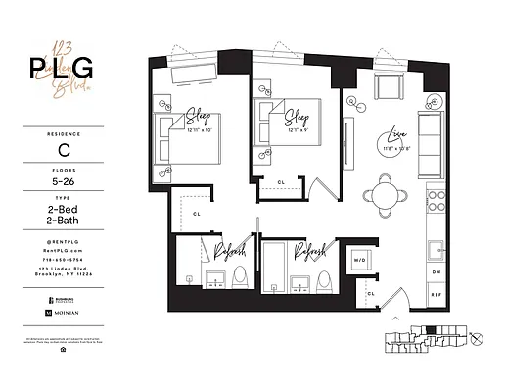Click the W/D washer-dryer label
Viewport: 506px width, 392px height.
pyautogui.click(x=359, y=260)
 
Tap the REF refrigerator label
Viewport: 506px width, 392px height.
pyautogui.click(x=436, y=293)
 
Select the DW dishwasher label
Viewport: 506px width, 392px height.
pyautogui.click(x=436, y=271)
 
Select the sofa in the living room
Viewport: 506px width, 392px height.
pyautogui.click(x=429, y=138)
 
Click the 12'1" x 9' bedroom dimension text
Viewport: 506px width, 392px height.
pyautogui.click(x=298, y=126)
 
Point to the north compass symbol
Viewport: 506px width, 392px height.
pyautogui.click(x=477, y=339)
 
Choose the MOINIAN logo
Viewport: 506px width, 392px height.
pyautogui.click(x=63, y=312)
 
